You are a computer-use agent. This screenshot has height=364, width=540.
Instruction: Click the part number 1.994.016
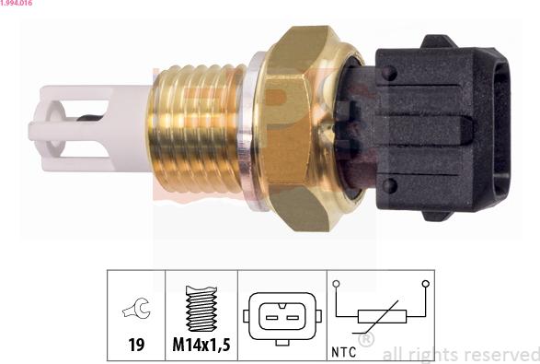click(x=17, y=3)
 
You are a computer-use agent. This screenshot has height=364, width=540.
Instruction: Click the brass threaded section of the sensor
click(x=196, y=128)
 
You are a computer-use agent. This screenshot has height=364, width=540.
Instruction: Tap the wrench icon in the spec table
click(x=136, y=308)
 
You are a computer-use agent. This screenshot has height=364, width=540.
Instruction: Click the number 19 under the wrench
click(x=136, y=345)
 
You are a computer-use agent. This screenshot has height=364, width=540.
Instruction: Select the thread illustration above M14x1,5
click(x=201, y=309)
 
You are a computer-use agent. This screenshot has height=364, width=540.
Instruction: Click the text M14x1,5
click(x=201, y=345)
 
